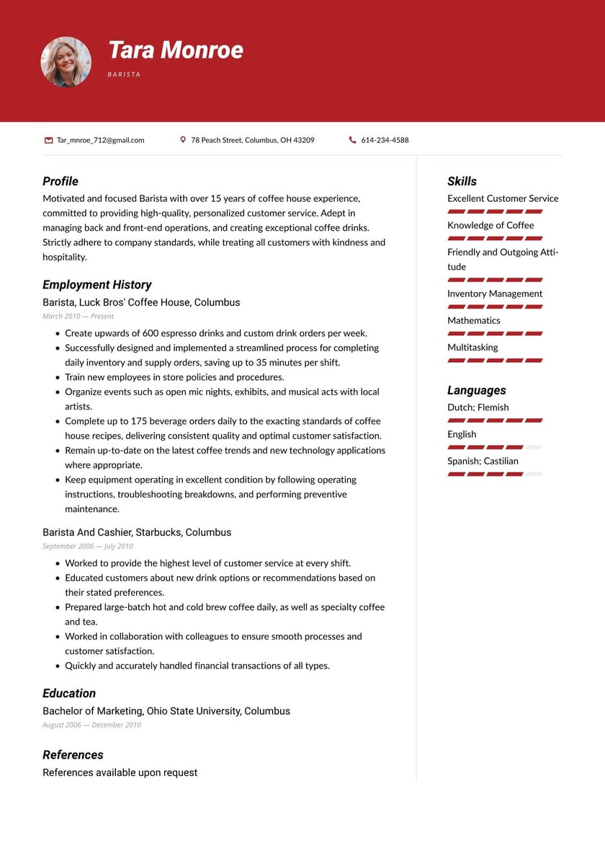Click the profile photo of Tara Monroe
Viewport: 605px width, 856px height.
66,62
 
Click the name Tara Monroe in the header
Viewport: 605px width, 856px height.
175,50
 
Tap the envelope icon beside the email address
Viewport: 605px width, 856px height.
48,140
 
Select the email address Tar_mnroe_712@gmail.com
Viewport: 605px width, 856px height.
101,140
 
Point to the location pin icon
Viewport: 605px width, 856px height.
183,140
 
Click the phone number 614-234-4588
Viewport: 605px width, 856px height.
385,140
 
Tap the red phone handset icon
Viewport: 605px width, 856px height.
352,140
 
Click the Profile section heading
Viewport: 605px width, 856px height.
60,181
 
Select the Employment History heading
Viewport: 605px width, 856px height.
97,284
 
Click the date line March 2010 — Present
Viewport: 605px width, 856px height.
78,316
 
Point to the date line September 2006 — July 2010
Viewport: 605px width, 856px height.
88,546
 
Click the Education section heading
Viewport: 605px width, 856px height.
69,693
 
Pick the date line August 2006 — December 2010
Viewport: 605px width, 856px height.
91,725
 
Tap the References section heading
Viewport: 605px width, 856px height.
73,754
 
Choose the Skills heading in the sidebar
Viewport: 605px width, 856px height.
462,181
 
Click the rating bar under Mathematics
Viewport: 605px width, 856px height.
495,333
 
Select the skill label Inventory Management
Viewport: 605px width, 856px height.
495,294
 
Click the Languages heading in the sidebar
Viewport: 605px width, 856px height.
476,390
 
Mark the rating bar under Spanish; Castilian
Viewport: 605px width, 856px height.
495,474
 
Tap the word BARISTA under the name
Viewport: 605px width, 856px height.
124,74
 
